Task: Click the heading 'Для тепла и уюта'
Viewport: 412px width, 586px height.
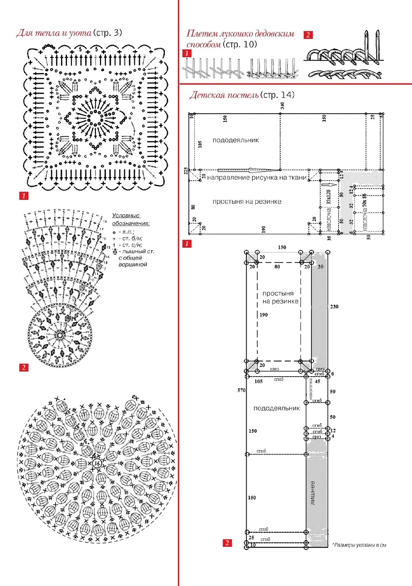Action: tap(54, 33)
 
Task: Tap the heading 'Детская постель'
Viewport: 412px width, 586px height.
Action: tap(224, 95)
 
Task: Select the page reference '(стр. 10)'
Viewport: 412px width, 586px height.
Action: tap(240, 44)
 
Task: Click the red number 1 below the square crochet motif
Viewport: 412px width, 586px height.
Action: tap(24, 196)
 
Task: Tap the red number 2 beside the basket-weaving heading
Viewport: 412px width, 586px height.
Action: tap(308, 35)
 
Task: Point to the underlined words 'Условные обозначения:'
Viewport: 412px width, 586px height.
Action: tap(130, 219)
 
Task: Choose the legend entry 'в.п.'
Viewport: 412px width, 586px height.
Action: tap(127, 232)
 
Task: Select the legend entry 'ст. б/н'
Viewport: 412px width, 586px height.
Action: tap(132, 238)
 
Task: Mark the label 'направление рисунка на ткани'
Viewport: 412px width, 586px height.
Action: tap(257, 178)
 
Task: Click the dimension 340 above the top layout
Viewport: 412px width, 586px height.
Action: tap(283, 106)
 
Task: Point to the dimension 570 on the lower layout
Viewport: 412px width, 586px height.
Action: tap(241, 390)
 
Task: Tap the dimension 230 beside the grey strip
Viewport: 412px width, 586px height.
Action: tap(334, 306)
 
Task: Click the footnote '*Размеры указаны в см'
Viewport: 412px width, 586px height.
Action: tap(359, 545)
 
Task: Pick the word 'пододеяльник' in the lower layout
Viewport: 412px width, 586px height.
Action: tap(276, 408)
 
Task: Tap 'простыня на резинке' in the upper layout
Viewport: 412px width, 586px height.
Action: tap(247, 202)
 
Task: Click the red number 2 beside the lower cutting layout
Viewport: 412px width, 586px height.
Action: tap(227, 543)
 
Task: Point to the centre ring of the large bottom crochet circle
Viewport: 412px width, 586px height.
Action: tap(97, 463)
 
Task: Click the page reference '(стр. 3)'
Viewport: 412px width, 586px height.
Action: tap(108, 33)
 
